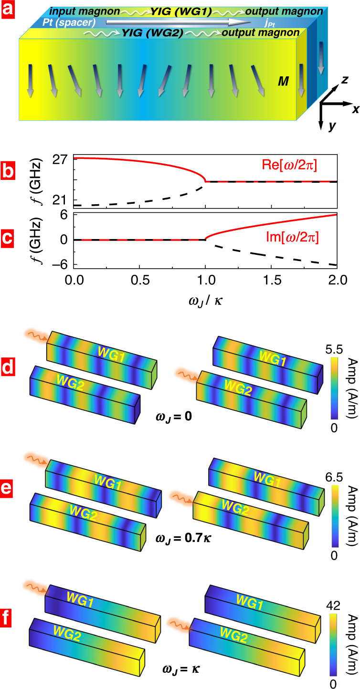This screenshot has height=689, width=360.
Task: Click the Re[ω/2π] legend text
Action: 304,166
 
